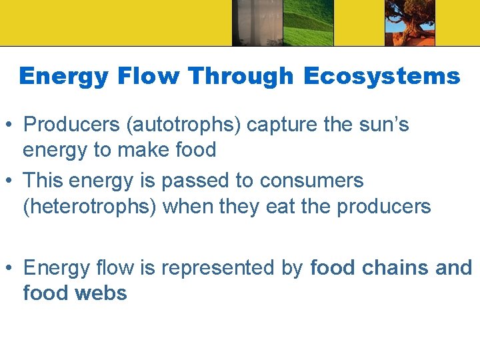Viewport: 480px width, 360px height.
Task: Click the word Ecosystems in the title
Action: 381,77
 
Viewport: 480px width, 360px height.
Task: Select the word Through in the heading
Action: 241,77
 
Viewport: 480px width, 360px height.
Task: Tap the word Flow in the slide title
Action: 149,77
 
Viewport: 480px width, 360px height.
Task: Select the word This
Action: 45,181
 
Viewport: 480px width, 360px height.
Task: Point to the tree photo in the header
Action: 409,23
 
